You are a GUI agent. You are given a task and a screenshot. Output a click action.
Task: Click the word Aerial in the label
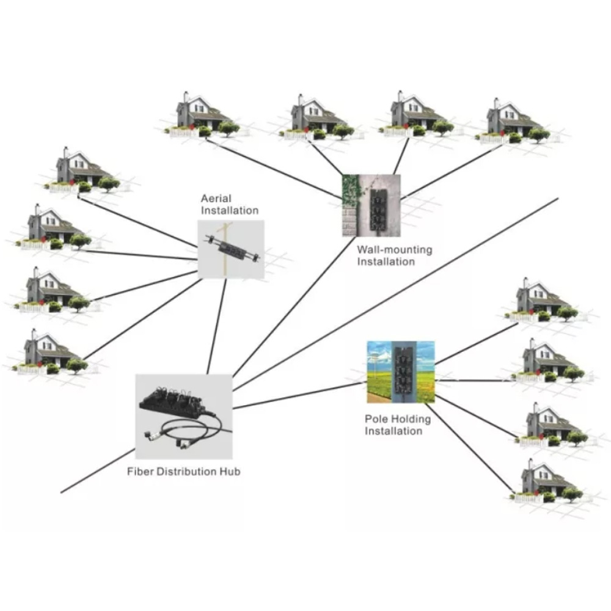(x=216, y=199)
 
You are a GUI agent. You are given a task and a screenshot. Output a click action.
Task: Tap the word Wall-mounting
(x=394, y=250)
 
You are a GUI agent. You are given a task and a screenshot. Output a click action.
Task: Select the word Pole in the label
(x=375, y=419)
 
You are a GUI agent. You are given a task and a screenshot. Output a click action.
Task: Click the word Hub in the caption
(x=230, y=472)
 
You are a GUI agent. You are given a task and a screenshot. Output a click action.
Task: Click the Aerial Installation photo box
(x=231, y=249)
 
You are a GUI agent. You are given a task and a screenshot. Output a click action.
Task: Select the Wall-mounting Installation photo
(x=371, y=205)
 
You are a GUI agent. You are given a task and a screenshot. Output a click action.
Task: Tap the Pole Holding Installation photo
(x=401, y=372)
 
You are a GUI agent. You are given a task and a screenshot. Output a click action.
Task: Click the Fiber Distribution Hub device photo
(x=184, y=417)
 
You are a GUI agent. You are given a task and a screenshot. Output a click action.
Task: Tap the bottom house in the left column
(x=50, y=353)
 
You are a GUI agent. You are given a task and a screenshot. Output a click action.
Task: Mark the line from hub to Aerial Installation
(x=217, y=326)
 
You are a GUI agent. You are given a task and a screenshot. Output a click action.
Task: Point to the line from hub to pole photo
(x=299, y=395)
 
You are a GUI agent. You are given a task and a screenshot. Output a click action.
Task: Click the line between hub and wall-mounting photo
(x=294, y=307)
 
